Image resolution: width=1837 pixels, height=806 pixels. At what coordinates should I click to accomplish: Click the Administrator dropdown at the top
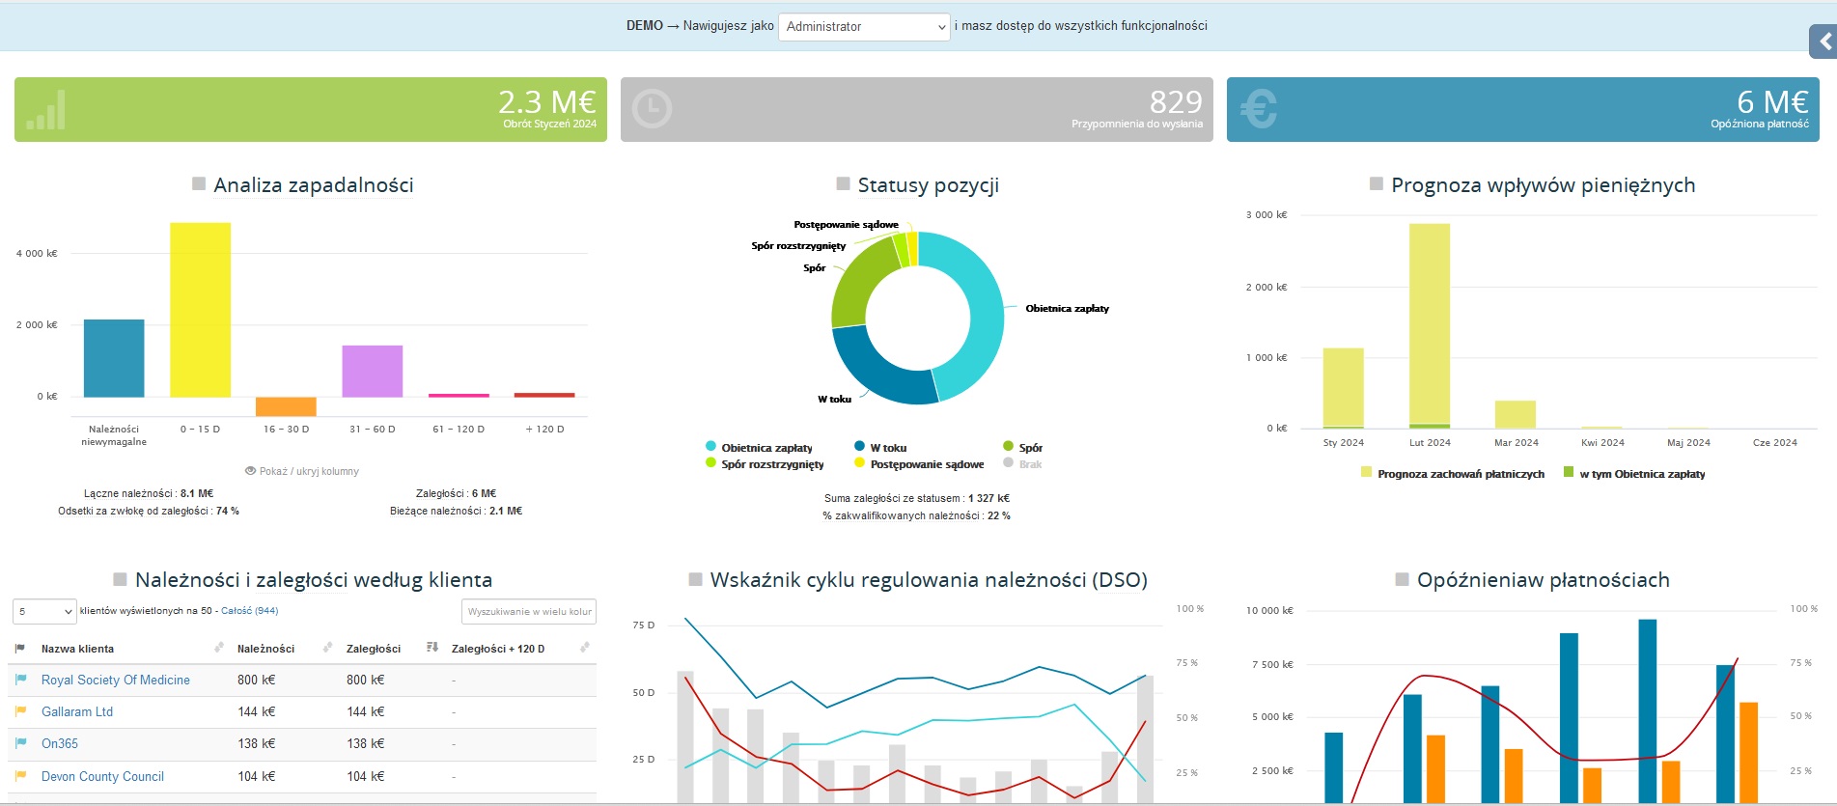864,27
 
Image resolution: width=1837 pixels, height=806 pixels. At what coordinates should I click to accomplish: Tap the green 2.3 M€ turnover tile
310,110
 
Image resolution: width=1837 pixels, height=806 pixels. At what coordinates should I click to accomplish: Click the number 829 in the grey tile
1175,102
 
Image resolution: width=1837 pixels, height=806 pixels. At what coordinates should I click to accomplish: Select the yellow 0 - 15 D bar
200,309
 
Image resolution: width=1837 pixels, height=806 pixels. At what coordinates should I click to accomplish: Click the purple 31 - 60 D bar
372,371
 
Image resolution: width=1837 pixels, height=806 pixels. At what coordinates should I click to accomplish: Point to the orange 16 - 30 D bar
286,406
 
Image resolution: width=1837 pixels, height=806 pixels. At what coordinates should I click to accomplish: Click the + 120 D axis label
544,430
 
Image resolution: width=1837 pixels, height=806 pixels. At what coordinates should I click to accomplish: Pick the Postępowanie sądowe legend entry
926,464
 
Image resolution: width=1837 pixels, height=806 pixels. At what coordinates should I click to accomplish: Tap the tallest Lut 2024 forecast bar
1429,323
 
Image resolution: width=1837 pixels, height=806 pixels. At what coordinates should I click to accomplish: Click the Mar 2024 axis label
1516,443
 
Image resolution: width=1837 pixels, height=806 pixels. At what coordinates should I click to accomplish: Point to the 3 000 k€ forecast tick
1266,215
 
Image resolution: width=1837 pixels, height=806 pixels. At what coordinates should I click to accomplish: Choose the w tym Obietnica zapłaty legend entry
1641,474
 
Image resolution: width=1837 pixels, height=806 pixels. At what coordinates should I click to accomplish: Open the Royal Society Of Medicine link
115,681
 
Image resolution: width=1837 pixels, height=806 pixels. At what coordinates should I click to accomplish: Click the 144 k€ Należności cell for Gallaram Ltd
256,712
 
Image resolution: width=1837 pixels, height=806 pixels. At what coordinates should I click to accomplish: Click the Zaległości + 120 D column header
497,650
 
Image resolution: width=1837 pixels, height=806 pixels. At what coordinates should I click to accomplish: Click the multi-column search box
528,612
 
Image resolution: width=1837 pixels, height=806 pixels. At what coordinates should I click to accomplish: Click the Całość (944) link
249,611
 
